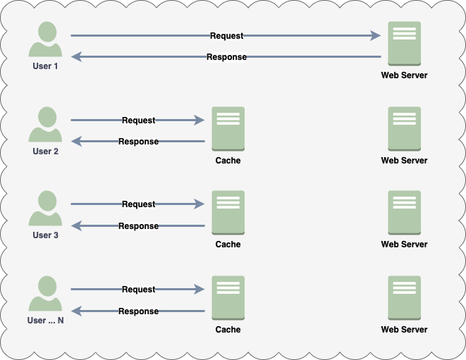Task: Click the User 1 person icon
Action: click(x=46, y=40)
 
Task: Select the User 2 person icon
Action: click(x=46, y=125)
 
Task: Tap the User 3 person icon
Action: click(x=46, y=209)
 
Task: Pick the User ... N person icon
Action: click(x=46, y=294)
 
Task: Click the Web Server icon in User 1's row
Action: click(x=404, y=44)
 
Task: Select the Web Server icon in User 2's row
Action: click(x=404, y=129)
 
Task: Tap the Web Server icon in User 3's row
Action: click(x=404, y=213)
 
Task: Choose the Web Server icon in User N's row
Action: click(x=404, y=298)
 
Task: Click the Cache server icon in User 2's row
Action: click(x=228, y=129)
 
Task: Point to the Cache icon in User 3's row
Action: click(x=228, y=213)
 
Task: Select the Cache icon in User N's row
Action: click(x=228, y=298)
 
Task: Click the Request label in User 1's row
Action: click(x=226, y=35)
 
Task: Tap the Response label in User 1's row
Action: click(x=226, y=57)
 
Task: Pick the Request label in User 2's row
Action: click(x=138, y=120)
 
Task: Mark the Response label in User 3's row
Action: click(x=138, y=226)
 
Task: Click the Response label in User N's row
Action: click(x=138, y=311)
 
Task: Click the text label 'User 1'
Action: click(x=46, y=66)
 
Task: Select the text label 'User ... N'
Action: click(x=46, y=321)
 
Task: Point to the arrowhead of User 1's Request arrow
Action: click(x=376, y=35)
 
